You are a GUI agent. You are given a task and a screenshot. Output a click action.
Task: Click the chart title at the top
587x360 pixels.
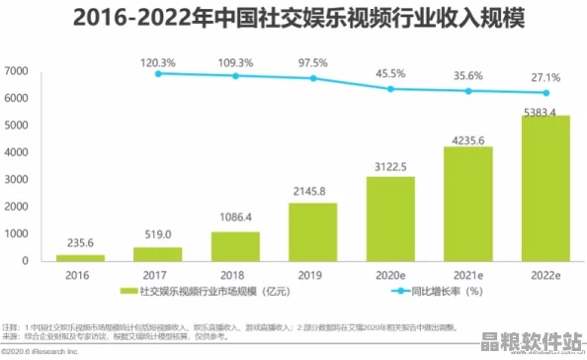(293, 19)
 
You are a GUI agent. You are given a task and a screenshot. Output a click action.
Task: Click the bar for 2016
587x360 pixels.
(79, 256)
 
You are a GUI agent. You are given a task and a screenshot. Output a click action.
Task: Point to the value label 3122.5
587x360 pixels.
(389, 166)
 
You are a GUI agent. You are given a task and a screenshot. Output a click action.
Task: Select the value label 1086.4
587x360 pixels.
(234, 217)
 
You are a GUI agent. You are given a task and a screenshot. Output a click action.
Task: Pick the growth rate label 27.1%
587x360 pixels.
(545, 76)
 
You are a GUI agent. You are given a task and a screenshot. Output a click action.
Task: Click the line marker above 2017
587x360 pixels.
(157, 73)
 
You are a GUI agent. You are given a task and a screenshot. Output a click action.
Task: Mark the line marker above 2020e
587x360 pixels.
(390, 89)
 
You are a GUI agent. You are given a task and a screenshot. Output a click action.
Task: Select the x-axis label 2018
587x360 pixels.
(234, 275)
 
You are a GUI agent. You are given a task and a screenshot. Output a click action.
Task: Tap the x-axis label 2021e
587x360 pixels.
(467, 275)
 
